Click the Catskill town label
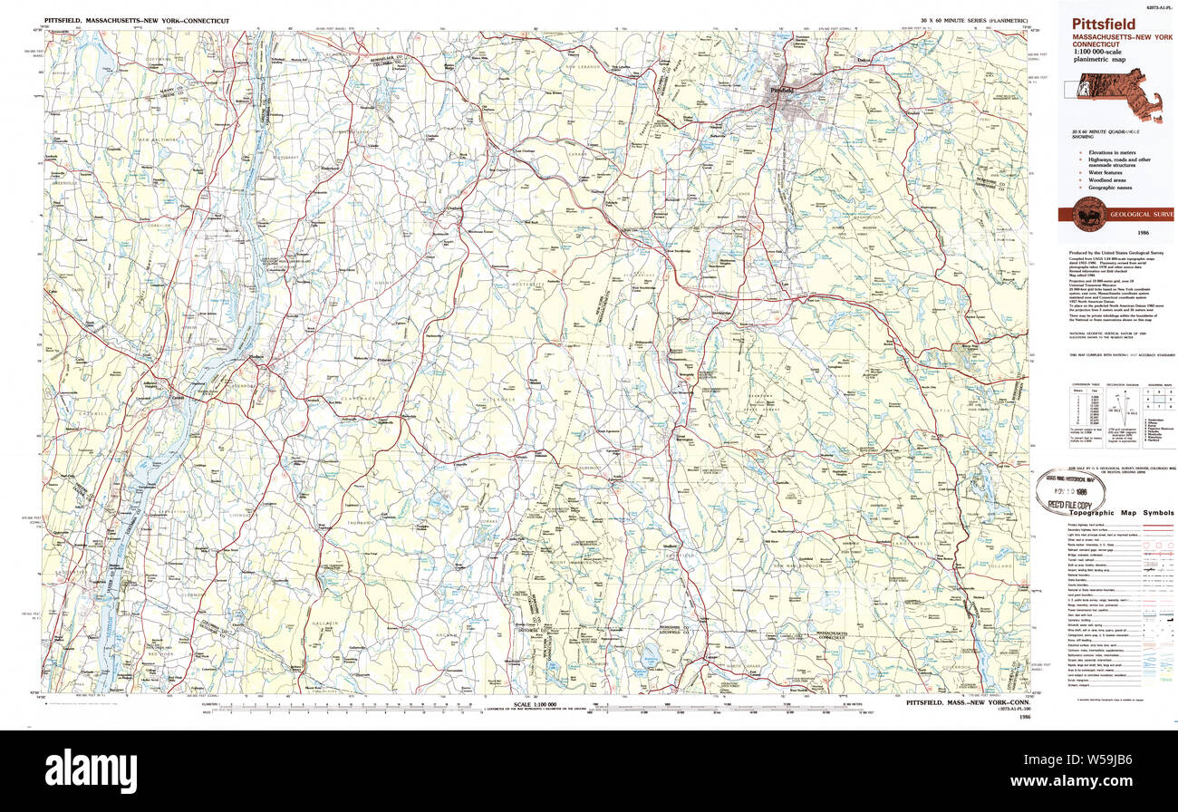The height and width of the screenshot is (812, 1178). pyautogui.click(x=179, y=397)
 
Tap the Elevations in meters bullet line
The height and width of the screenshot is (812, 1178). pyautogui.click(x=1112, y=153)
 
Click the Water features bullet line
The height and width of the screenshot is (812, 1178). pyautogui.click(x=1107, y=172)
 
